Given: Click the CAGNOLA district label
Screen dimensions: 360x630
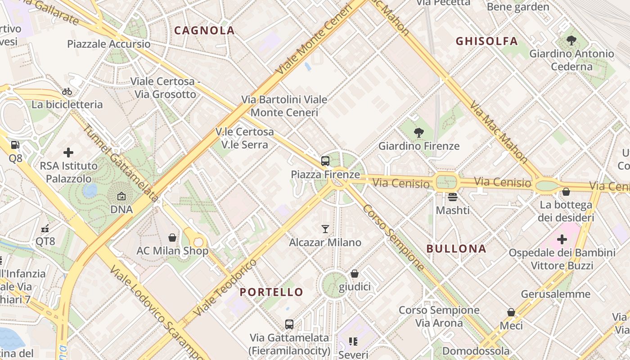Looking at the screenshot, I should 204,31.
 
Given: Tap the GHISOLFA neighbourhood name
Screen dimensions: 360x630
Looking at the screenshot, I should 486,41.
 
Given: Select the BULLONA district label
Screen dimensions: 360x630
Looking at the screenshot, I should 456,249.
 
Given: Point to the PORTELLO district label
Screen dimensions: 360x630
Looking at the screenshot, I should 271,292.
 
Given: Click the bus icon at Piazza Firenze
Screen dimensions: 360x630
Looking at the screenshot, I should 325,161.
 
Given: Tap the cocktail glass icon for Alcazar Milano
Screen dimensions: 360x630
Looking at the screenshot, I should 325,229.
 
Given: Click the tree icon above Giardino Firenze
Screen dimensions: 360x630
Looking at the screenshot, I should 418,132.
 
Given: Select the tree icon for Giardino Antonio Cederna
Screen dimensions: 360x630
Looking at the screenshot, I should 571,40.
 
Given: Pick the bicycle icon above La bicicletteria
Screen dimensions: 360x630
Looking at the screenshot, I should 67,91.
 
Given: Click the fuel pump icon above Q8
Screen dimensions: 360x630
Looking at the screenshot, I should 15,145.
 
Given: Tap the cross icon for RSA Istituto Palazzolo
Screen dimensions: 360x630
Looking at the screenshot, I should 68,153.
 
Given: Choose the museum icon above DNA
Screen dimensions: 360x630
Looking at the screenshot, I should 121,196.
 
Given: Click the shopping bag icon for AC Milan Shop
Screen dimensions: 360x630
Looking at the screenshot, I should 172,238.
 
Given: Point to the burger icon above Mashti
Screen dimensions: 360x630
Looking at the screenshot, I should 452,197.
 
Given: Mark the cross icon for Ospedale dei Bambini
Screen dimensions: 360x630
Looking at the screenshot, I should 562,239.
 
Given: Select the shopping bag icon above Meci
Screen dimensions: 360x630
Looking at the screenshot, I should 511,312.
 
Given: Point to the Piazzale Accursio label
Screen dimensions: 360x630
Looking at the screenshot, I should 109,44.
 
